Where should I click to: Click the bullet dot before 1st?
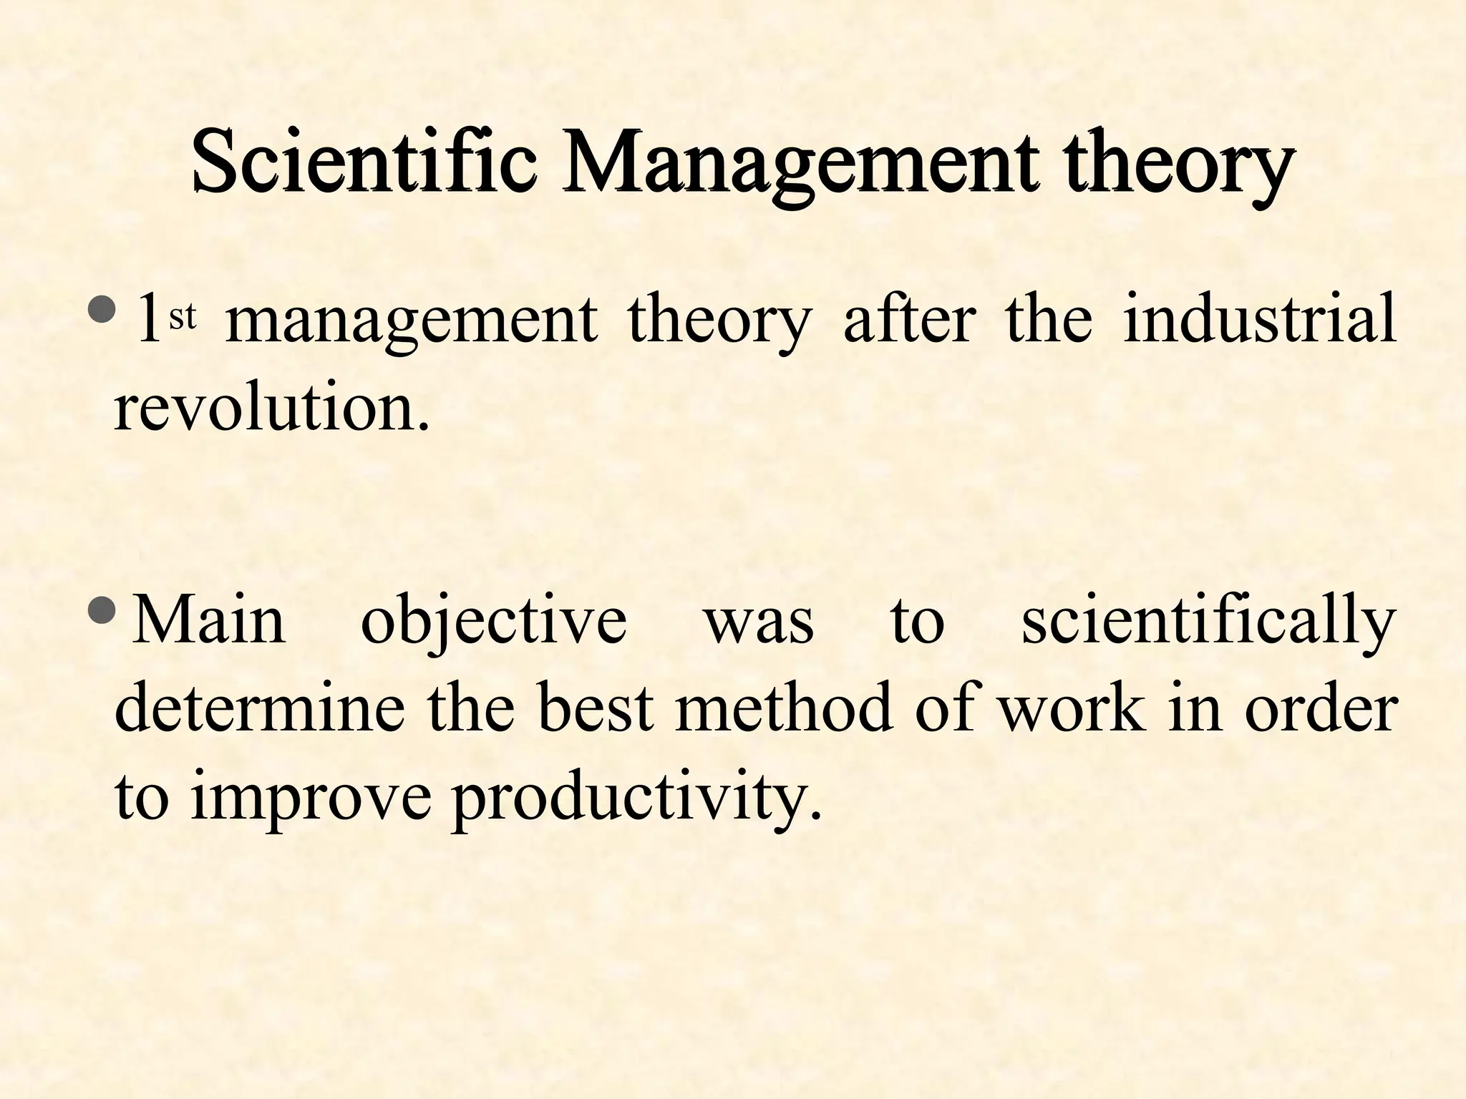click(99, 309)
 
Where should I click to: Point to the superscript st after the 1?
click(182, 317)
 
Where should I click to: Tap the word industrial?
click(1259, 319)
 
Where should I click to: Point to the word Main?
click(209, 620)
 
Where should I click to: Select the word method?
click(784, 710)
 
